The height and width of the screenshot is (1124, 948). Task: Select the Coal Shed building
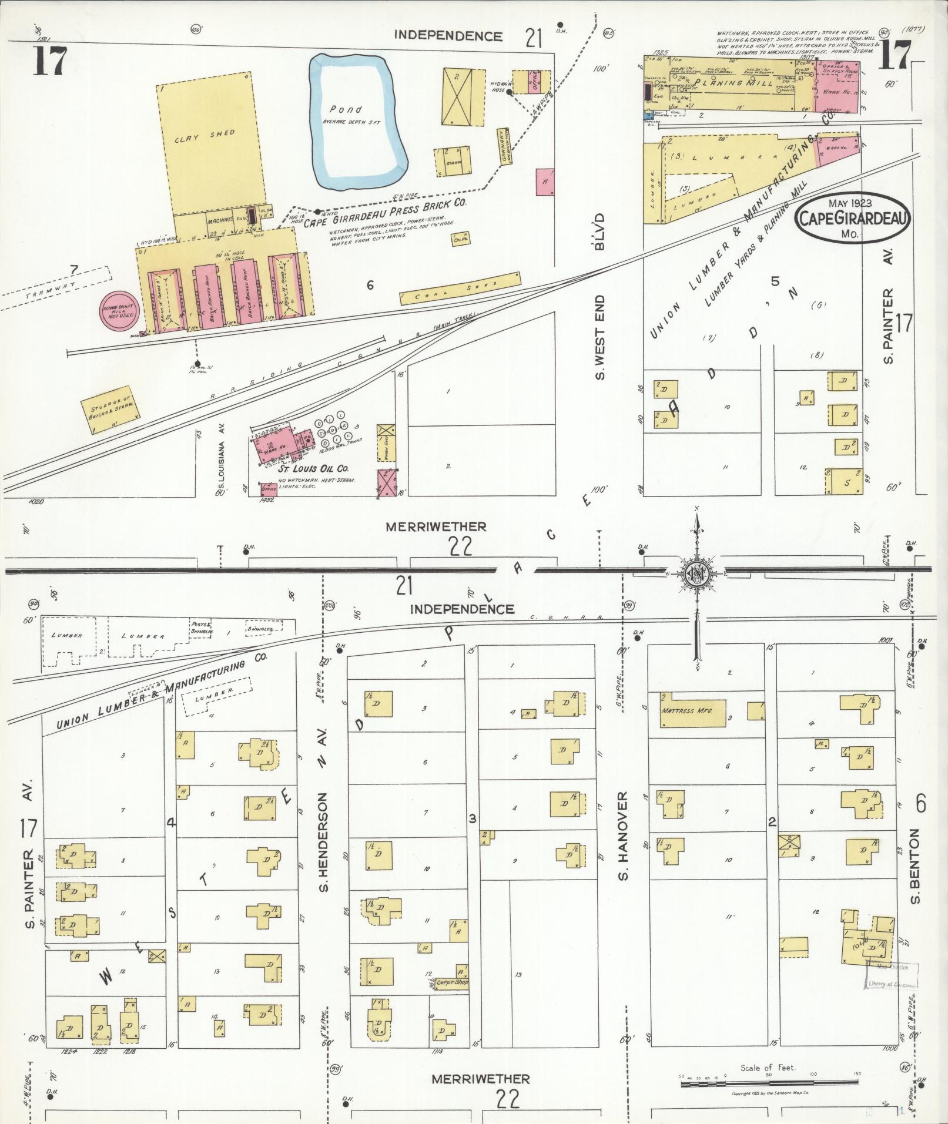pos(460,288)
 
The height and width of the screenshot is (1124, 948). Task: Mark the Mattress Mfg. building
pos(687,710)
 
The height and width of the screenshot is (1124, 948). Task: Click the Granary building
pos(504,146)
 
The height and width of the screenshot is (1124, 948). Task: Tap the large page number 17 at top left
pos(50,62)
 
